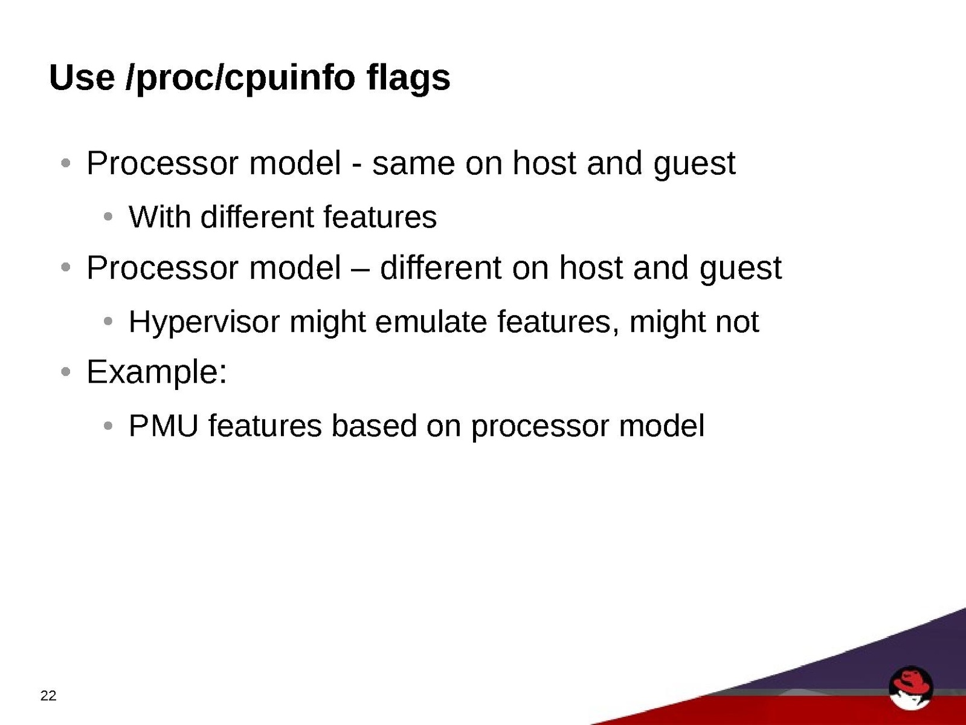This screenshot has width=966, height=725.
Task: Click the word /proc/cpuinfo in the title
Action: (x=240, y=79)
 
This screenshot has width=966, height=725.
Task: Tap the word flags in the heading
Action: (x=408, y=79)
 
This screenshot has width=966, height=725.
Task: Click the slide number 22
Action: (x=48, y=695)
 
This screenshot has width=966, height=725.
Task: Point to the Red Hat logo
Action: (x=910, y=688)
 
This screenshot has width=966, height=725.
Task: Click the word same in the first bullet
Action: (x=413, y=164)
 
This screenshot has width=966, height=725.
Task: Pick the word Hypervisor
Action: (x=204, y=322)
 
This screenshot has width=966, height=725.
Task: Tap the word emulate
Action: (x=431, y=322)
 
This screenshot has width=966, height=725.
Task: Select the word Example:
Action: (x=157, y=372)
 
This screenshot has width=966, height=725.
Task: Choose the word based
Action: (x=374, y=426)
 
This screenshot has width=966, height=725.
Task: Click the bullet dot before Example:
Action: (x=66, y=372)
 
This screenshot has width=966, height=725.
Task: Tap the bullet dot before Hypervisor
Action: (x=108, y=321)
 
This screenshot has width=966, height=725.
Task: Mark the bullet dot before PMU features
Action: (x=108, y=426)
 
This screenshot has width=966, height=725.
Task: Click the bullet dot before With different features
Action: (x=108, y=216)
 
